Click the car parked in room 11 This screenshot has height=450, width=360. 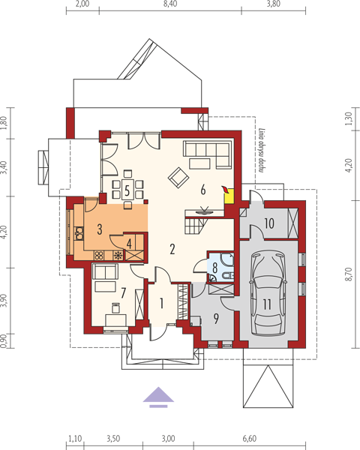click(267, 293)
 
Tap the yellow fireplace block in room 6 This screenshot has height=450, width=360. click(229, 196)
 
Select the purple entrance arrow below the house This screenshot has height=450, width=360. click(158, 397)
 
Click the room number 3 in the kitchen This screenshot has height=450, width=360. click(100, 229)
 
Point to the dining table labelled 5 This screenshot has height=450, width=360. click(127, 189)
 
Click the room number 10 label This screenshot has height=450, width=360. click(269, 223)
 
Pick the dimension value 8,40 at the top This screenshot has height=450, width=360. click(170, 4)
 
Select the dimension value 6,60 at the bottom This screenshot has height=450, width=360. click(249, 439)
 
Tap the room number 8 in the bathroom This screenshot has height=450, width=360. click(214, 268)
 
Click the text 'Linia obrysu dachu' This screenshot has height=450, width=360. click(261, 150)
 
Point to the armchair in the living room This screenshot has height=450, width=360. click(178, 178)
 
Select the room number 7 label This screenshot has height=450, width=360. click(124, 293)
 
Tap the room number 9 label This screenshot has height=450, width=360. click(216, 318)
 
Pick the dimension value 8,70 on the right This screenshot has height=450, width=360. click(349, 274)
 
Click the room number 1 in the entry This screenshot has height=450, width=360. click(162, 303)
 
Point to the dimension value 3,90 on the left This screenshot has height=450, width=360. click(3, 300)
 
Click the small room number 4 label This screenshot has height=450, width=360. click(129, 244)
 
